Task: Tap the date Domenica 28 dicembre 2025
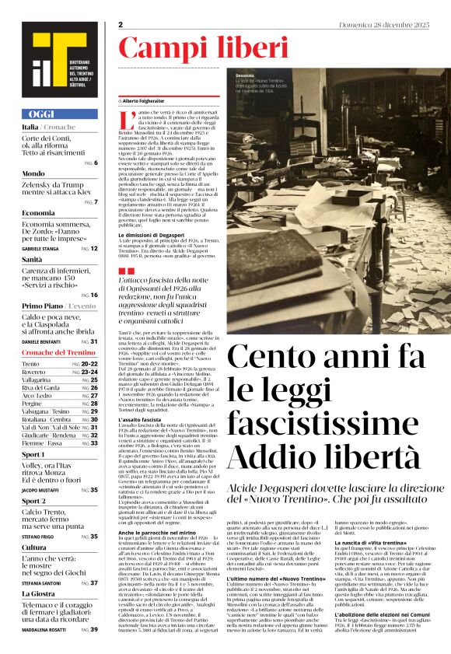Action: click(x=384, y=25)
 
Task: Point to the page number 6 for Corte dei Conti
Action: click(x=95, y=163)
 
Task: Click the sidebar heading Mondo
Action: click(x=33, y=173)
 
